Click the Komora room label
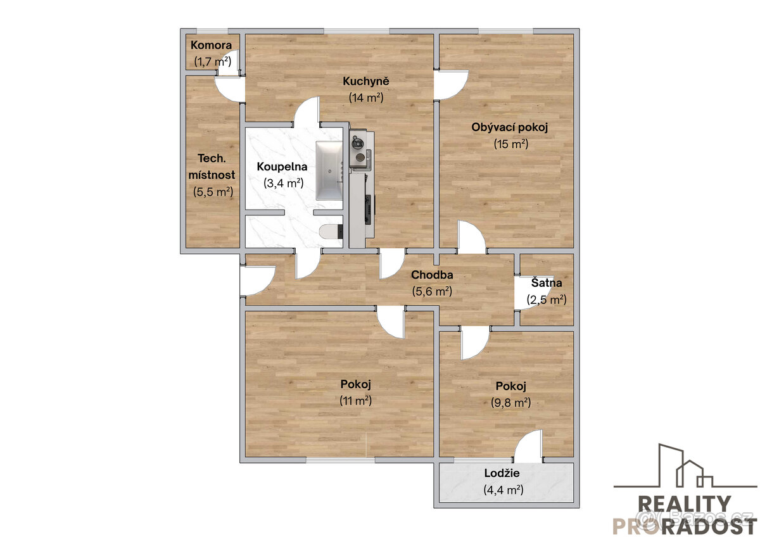[x=211, y=45]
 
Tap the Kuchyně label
[x=366, y=81]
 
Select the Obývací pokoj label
[x=510, y=127]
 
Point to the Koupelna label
[x=282, y=167]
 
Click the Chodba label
[x=432, y=275]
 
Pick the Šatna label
[x=546, y=282]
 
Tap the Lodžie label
[x=502, y=473]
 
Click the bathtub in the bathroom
[x=329, y=170]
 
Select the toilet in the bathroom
[x=331, y=232]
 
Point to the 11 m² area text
[x=355, y=401]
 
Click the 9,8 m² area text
[x=510, y=403]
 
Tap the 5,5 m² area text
[x=213, y=192]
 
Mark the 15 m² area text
[x=510, y=144]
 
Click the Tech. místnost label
[x=212, y=167]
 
